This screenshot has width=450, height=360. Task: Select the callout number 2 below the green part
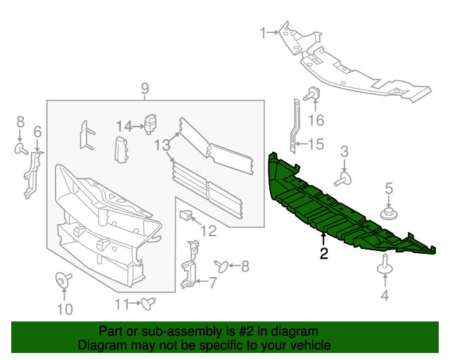[323, 254]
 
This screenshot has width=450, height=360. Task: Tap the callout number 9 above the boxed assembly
[145, 89]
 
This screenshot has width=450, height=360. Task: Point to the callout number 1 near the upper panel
[263, 32]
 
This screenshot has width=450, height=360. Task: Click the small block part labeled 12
[186, 214]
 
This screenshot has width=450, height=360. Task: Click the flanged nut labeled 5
[387, 213]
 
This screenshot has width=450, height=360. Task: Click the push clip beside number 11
[148, 303]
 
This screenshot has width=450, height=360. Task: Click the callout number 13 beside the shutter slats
[162, 145]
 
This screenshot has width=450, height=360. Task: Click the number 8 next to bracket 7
[245, 266]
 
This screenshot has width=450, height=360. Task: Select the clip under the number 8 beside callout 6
[21, 148]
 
